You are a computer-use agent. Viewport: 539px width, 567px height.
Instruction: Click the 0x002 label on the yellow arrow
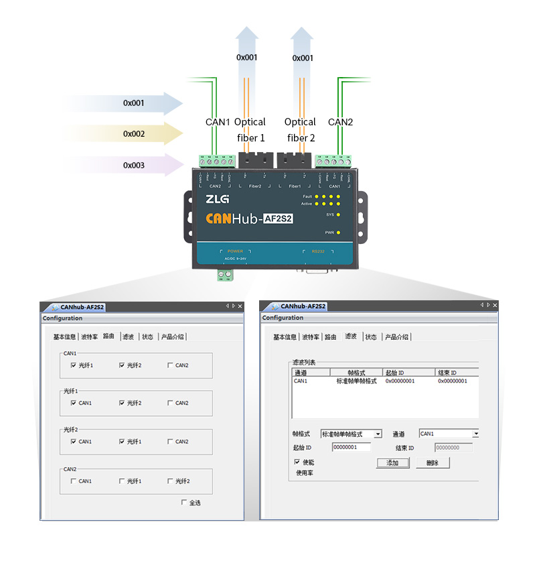[x=134, y=134]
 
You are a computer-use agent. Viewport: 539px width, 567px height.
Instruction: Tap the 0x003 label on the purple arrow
[x=134, y=165]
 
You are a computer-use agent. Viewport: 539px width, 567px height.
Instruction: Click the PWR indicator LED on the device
[x=339, y=233]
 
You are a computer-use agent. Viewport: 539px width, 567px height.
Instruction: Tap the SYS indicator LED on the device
[x=339, y=214]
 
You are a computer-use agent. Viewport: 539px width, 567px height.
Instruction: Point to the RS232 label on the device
[x=317, y=251]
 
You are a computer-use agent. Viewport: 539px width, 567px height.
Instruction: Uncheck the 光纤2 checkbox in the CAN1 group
[x=122, y=365]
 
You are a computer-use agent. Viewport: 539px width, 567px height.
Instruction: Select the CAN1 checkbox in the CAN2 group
[x=73, y=481]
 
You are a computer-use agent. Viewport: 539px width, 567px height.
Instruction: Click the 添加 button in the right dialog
[x=392, y=463]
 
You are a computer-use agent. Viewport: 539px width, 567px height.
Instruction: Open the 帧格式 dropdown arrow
[x=378, y=434]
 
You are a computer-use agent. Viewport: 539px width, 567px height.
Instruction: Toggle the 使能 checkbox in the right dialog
[x=297, y=462]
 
